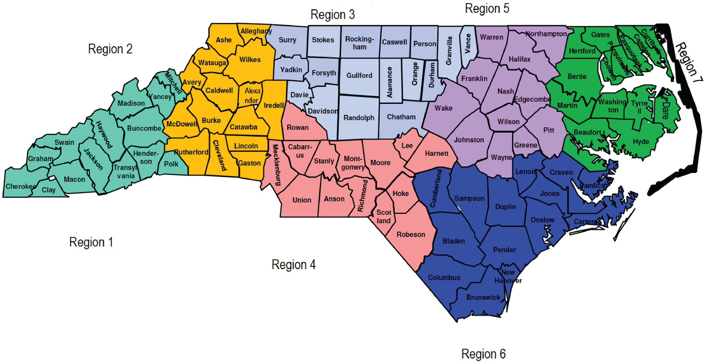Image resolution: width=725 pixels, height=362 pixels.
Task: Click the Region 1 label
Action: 91,242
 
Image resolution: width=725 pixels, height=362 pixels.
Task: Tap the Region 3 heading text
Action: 332,15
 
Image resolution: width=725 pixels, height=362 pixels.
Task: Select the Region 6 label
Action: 483,354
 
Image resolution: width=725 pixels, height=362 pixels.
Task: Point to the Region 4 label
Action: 293,265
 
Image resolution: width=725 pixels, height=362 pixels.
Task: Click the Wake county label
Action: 443,108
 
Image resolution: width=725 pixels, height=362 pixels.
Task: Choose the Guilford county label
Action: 359,75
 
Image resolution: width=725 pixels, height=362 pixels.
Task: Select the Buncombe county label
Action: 144,128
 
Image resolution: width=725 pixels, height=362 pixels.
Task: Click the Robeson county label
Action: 411,235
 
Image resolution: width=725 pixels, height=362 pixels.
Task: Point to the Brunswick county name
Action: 483,297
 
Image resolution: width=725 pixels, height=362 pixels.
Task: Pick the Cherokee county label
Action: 21,186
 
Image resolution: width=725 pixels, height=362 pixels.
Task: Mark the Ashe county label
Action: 224,40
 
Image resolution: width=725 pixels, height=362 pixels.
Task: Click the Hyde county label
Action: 641,142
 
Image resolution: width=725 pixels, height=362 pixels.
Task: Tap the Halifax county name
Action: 519,60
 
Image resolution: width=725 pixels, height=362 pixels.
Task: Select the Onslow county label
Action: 542,220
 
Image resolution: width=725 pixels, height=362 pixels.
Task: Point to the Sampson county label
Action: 469,199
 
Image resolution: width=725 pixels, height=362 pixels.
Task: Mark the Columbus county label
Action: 444,278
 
